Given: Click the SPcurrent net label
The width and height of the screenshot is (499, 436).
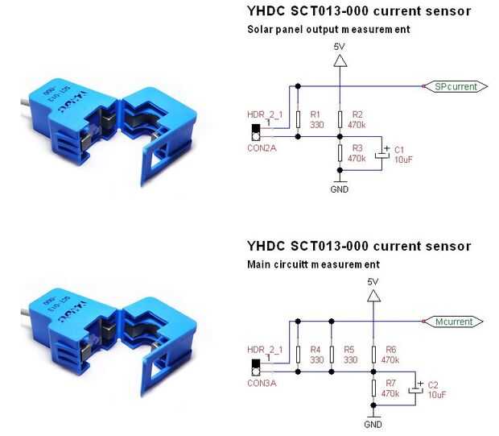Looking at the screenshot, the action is pyautogui.click(x=456, y=86).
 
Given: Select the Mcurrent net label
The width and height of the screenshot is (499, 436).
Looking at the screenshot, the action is pyautogui.click(x=453, y=322).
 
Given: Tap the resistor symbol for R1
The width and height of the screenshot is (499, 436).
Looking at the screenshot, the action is pyautogui.click(x=298, y=119).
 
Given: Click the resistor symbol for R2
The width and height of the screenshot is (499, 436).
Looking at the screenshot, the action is pyautogui.click(x=340, y=119).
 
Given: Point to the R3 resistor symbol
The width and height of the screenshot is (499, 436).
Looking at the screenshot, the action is pyautogui.click(x=340, y=153).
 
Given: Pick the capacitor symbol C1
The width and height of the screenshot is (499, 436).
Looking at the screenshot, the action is pyautogui.click(x=382, y=154).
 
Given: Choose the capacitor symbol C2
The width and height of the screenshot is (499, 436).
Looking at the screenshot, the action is pyautogui.click(x=416, y=388).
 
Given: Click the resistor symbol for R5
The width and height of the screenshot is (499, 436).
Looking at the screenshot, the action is pyautogui.click(x=332, y=355).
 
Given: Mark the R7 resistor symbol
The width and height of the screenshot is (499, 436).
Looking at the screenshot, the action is pyautogui.click(x=373, y=388).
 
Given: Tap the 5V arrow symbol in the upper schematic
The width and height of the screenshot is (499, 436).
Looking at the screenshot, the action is pyautogui.click(x=340, y=60).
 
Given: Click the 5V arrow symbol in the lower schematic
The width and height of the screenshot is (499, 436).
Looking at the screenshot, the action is pyautogui.click(x=373, y=296).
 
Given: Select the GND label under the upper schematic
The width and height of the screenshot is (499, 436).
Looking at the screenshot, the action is pyautogui.click(x=340, y=189).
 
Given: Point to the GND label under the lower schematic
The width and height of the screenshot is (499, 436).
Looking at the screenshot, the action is pyautogui.click(x=373, y=425).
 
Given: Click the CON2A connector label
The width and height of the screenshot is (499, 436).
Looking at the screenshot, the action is pyautogui.click(x=262, y=148).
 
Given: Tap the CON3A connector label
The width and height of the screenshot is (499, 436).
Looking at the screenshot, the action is pyautogui.click(x=262, y=383).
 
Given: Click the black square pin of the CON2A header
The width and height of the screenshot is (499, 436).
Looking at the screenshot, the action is pyautogui.click(x=256, y=128).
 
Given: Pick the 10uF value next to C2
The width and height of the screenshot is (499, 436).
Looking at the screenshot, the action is pyautogui.click(x=437, y=395).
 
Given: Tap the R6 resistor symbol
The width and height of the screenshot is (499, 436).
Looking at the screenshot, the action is pyautogui.click(x=373, y=355).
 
